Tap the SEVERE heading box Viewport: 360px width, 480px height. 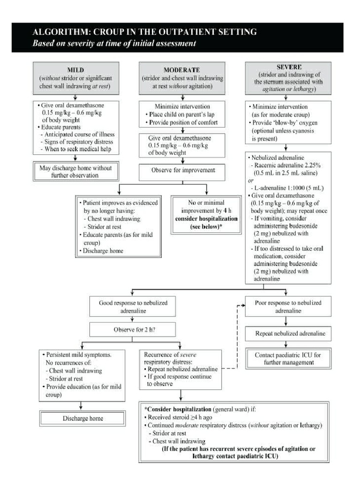288,77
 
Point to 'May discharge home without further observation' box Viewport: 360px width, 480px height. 75,171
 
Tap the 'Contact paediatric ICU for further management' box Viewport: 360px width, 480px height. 288,359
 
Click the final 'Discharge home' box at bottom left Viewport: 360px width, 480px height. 82,418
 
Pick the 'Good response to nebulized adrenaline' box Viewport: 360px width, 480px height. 133,307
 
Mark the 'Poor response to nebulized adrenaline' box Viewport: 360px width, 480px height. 288,307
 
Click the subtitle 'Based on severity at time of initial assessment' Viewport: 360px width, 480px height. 113,44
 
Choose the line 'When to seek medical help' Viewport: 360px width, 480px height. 79,150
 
